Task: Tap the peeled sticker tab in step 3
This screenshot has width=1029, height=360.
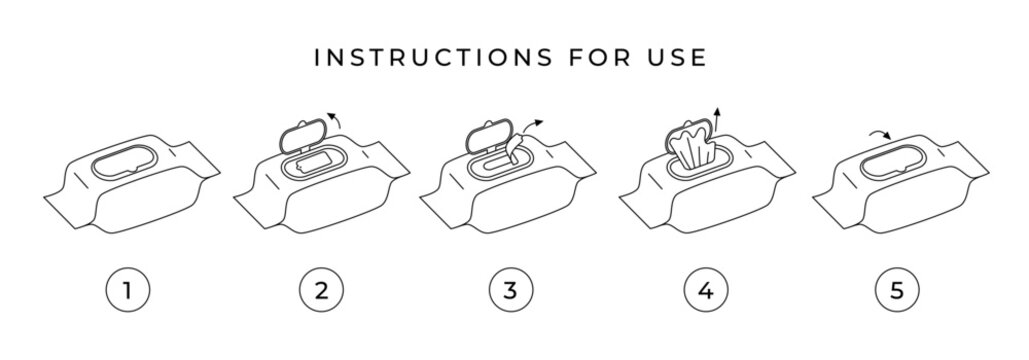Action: coord(512,150)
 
